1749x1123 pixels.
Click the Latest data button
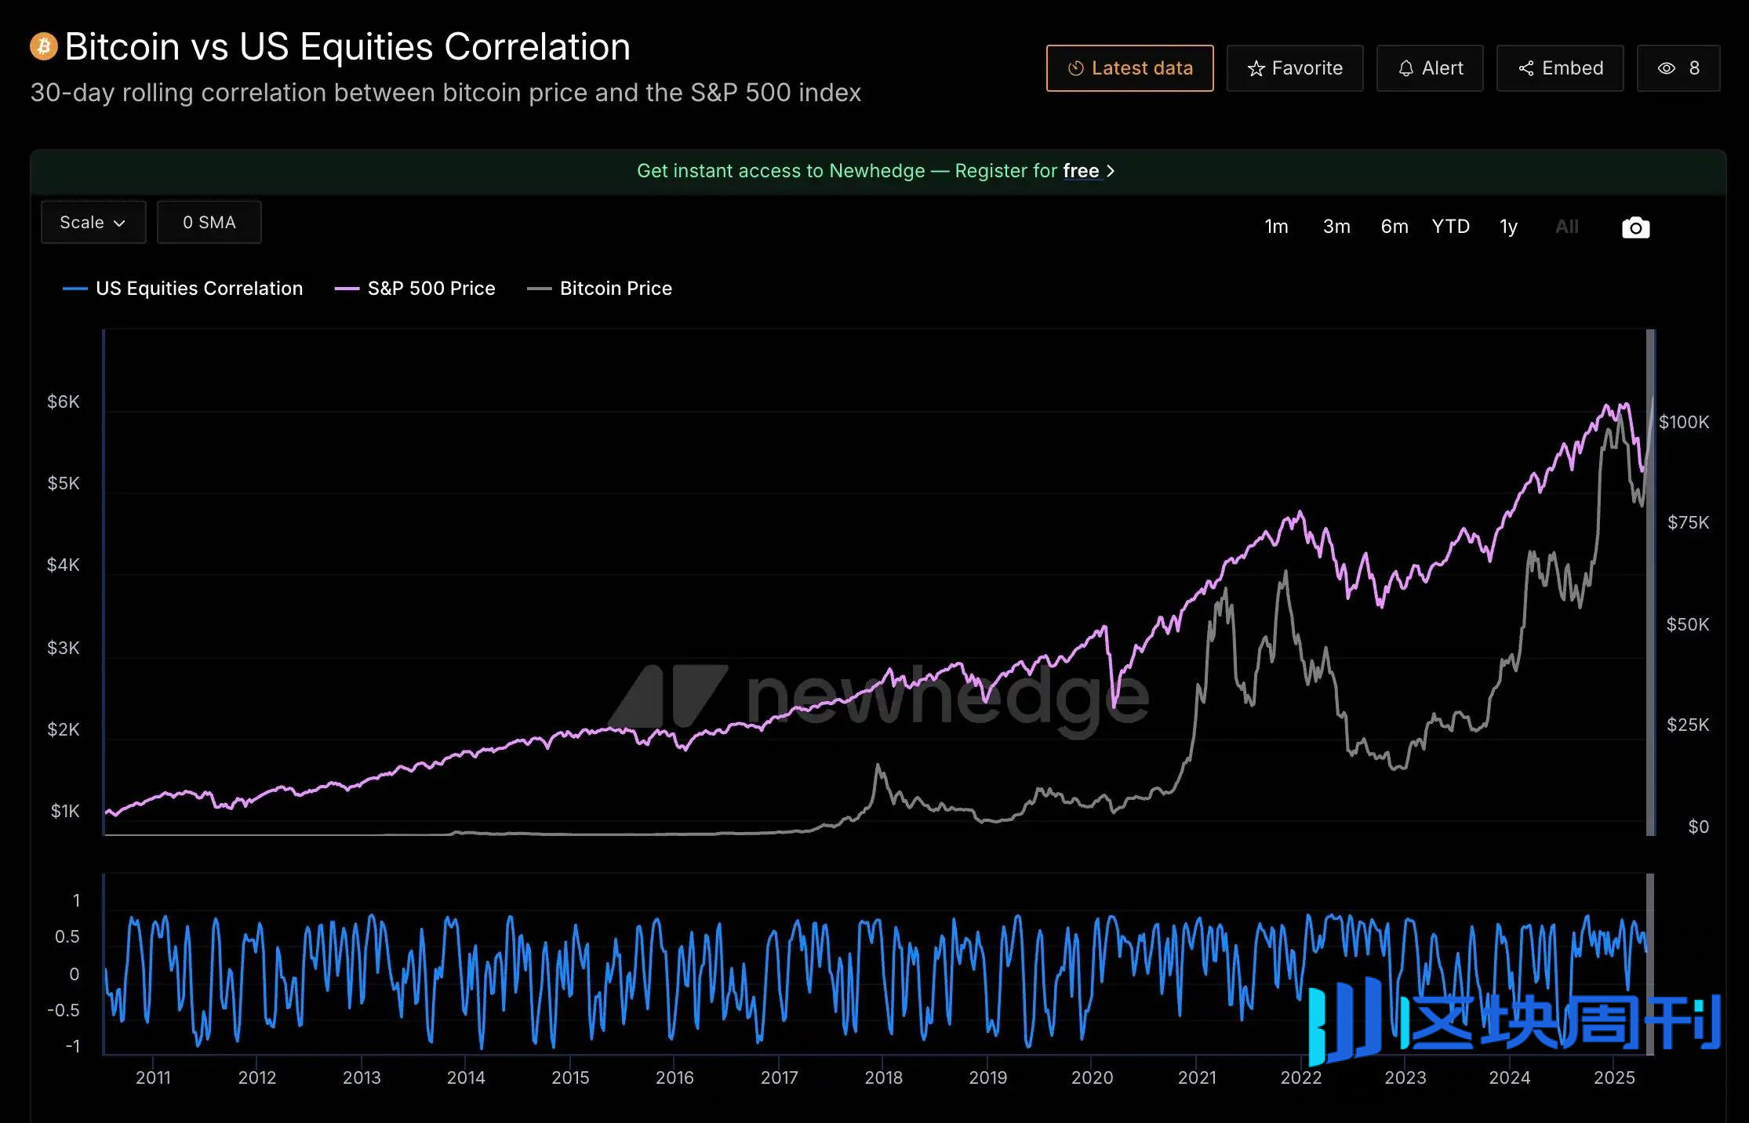tap(1129, 68)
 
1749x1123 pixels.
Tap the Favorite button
tap(1294, 68)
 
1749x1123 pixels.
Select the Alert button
tap(1430, 68)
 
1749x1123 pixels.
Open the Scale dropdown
tap(93, 223)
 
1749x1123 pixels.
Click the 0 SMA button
tap(209, 223)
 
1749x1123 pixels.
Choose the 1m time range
tap(1276, 227)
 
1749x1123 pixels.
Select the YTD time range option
tap(1450, 227)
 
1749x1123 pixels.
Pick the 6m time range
tap(1394, 227)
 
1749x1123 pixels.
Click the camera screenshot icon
tap(1635, 227)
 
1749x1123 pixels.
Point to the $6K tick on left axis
tap(64, 402)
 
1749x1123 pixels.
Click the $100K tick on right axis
tap(1683, 423)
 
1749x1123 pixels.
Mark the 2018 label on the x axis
tap(883, 1078)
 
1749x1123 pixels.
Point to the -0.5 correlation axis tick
tap(64, 1010)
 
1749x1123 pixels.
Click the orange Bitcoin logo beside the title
tap(44, 46)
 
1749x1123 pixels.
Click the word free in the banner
tap(1081, 171)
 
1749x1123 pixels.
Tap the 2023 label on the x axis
tap(1405, 1078)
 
